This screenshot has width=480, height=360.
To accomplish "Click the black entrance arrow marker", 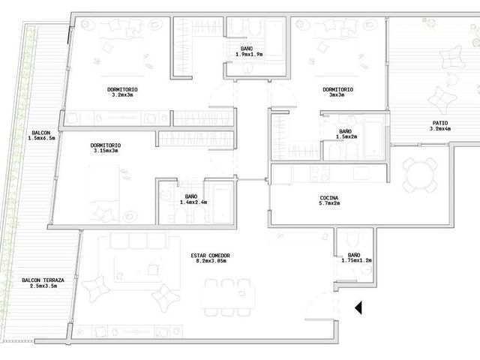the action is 358,307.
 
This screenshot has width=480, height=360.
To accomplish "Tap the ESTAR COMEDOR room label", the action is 210,256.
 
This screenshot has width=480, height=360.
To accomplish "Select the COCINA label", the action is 329,198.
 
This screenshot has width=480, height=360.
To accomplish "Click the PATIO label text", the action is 440,123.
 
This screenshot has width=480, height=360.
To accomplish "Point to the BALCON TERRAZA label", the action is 43,280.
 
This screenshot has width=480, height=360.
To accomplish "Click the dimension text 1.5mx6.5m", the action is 42,138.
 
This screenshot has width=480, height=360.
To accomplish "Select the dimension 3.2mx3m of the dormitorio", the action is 122,95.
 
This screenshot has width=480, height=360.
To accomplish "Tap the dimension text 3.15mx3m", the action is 106,151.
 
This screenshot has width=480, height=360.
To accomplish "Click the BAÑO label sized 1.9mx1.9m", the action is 247,49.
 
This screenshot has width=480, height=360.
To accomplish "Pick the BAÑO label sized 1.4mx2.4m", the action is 191,196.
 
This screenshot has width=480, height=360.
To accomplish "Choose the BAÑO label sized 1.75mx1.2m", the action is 354,255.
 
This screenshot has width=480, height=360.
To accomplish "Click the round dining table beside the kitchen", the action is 420,175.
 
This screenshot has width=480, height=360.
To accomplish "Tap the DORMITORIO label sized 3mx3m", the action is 337,90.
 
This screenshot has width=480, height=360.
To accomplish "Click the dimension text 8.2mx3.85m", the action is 211,261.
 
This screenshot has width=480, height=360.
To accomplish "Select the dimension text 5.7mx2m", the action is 330,203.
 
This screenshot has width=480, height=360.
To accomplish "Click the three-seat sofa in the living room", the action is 139,241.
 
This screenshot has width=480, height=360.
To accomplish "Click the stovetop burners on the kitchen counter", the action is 319,173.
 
